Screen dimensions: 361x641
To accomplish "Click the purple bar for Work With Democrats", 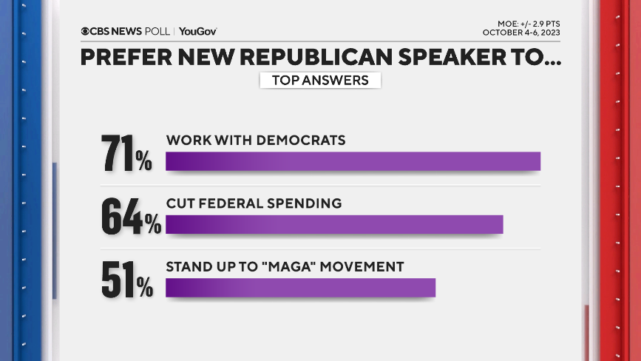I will pos(353,161).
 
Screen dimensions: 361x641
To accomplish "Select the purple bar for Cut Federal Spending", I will pos(334,224).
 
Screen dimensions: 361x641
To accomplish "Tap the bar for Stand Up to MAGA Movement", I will pos(300,288).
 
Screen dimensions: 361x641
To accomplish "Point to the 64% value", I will pos(131,216).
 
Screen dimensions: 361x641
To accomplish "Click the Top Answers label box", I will pos(320,80).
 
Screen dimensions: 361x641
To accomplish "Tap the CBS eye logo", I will pos(86,31).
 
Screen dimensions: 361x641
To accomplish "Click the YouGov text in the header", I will pos(197,31).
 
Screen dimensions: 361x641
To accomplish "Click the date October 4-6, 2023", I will pos(521,33).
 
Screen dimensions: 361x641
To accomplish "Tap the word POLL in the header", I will pos(157,31).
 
